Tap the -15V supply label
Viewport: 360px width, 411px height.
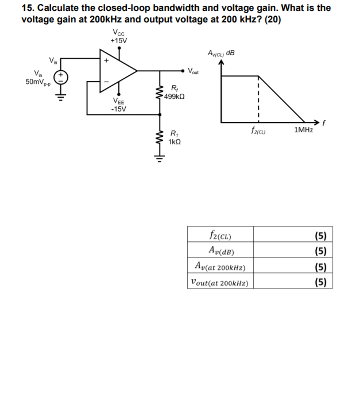pos(119,109)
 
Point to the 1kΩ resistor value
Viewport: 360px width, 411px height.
pos(173,141)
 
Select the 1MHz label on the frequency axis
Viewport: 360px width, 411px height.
pos(303,131)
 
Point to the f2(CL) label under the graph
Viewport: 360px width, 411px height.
pos(258,131)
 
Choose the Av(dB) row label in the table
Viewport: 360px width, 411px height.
pos(222,250)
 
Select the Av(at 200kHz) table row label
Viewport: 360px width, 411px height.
pos(221,266)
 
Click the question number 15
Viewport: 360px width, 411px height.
pos(27,7)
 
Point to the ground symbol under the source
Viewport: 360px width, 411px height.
pos(61,98)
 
